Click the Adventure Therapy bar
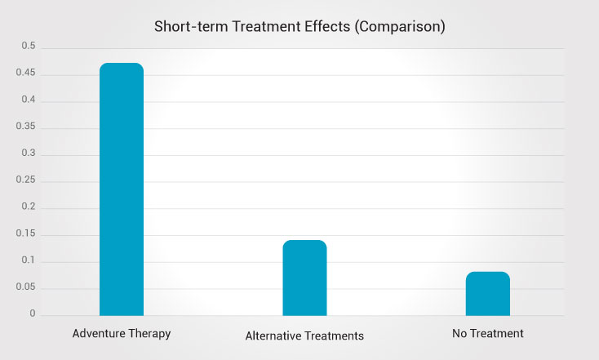(x=121, y=189)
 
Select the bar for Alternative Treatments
(x=304, y=278)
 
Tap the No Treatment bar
(x=487, y=294)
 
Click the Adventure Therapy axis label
(x=121, y=334)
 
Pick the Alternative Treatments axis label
(x=304, y=336)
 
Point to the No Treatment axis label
(x=487, y=334)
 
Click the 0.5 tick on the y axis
(x=28, y=47)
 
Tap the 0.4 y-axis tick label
(x=28, y=100)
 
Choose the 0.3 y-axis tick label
(x=28, y=153)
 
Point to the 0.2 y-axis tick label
(x=28, y=207)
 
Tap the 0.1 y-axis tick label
(x=28, y=260)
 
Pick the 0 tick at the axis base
(x=33, y=313)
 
